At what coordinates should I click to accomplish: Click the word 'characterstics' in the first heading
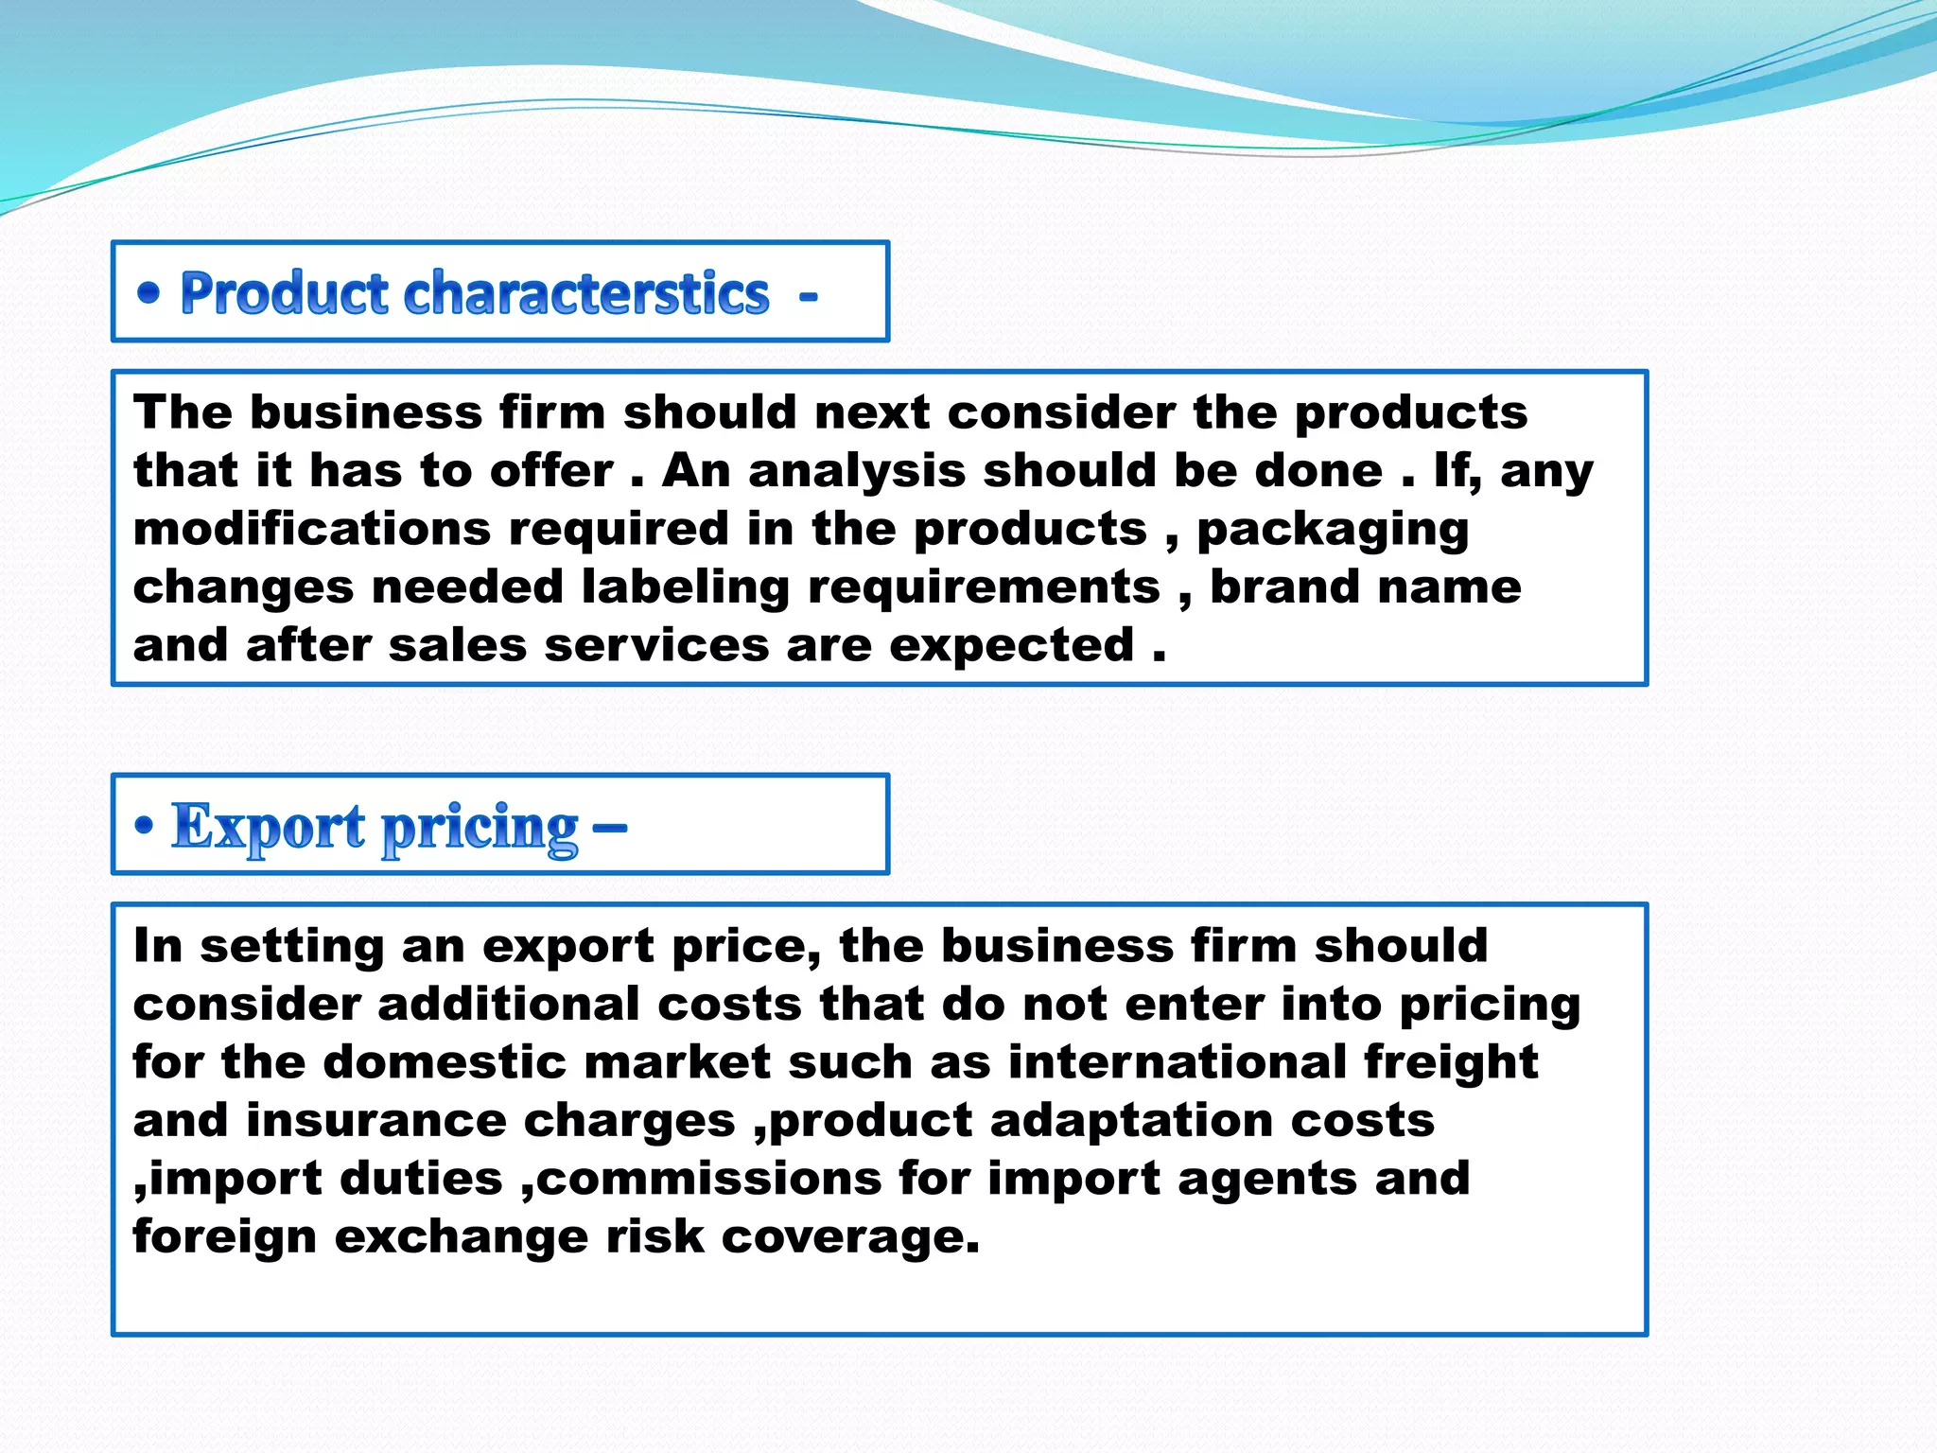click(x=586, y=293)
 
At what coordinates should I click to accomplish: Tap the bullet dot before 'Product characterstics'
click(x=148, y=293)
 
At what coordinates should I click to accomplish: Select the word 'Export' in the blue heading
click(x=268, y=827)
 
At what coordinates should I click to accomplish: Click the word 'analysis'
click(x=856, y=471)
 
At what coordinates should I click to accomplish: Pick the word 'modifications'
click(x=312, y=529)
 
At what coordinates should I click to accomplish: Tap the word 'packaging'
click(x=1333, y=531)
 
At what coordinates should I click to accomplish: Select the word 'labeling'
click(x=685, y=587)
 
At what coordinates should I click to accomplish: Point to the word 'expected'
click(x=1011, y=647)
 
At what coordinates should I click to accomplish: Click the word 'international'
click(x=1177, y=1062)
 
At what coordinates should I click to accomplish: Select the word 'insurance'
click(x=376, y=1121)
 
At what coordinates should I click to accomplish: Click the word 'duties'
click(x=421, y=1180)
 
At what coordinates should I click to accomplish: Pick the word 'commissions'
click(x=709, y=1180)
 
